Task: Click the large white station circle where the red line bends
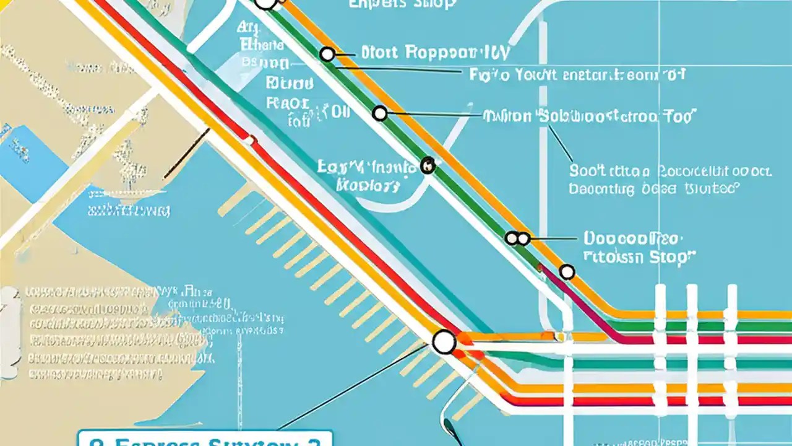[x=444, y=342]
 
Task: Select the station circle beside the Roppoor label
[x=327, y=55]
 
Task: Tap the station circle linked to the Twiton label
[x=380, y=113]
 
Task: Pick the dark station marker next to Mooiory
[x=428, y=165]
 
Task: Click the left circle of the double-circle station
[x=512, y=238]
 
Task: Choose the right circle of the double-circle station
[x=523, y=238]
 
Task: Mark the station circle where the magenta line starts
[x=567, y=271]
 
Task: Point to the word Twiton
[x=507, y=116]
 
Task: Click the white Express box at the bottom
[x=205, y=439]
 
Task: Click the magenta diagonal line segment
[x=582, y=304]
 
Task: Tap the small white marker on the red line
[x=249, y=141]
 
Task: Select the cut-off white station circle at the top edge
[x=265, y=3]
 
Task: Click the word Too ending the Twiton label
[x=679, y=116]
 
